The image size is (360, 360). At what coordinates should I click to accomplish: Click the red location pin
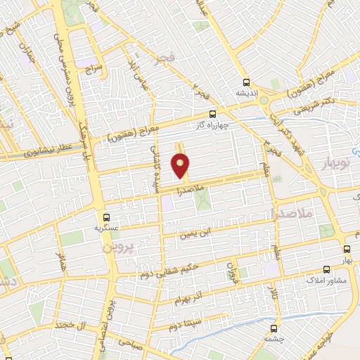[x=181, y=167]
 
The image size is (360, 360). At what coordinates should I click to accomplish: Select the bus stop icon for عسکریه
[x=106, y=217]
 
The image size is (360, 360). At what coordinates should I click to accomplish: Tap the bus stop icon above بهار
[x=347, y=249]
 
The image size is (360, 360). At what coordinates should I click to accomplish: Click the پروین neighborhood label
[x=118, y=248]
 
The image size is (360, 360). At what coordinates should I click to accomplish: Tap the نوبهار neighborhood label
[x=341, y=166]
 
